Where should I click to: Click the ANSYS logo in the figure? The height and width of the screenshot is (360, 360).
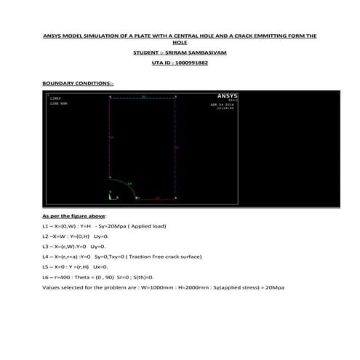coord(226,96)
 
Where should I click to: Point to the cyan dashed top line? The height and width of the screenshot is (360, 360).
coord(143,96)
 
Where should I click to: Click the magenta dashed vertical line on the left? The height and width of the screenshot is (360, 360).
coord(109,138)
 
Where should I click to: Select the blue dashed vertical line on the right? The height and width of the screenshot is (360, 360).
coord(177,145)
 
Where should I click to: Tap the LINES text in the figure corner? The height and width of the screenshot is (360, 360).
coord(55,97)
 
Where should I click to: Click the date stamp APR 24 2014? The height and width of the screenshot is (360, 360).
coord(220,105)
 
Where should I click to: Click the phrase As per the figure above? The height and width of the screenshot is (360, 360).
coord(74,216)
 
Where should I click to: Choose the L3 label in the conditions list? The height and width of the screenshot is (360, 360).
coord(46,247)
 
